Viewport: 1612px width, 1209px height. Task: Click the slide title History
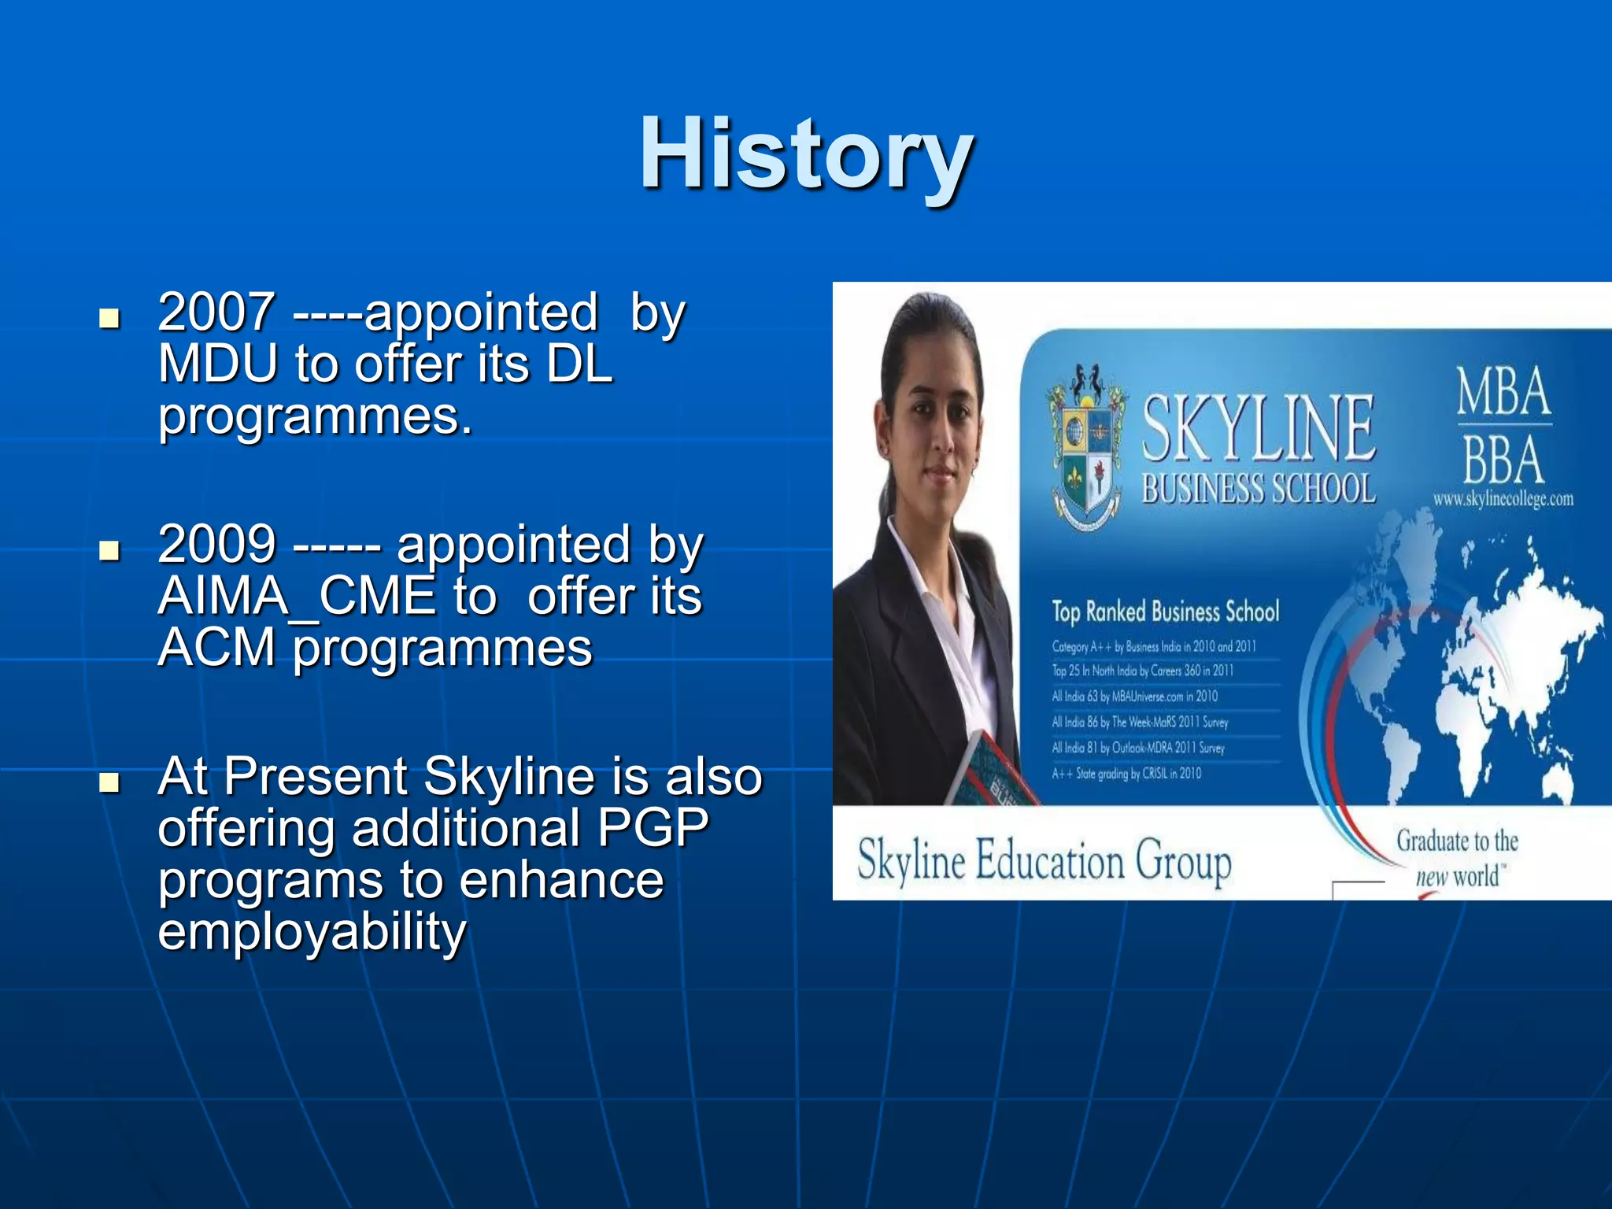click(806, 153)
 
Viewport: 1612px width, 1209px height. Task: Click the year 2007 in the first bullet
click(216, 312)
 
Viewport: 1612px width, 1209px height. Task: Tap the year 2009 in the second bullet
click(216, 545)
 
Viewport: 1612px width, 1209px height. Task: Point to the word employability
click(312, 931)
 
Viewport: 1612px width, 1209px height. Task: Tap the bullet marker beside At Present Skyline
click(109, 782)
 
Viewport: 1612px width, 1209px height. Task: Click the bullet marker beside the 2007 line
click(109, 318)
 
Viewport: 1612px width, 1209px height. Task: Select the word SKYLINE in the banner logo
click(1258, 429)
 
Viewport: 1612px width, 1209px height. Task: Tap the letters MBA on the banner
click(1503, 392)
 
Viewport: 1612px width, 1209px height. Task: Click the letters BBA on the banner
click(1503, 460)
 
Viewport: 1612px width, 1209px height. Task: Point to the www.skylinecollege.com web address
click(1503, 499)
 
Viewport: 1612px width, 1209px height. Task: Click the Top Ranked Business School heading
click(1165, 612)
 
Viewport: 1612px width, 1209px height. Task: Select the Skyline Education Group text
click(1044, 860)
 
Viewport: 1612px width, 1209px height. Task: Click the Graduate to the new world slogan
click(1457, 858)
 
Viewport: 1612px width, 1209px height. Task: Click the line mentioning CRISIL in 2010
click(1126, 774)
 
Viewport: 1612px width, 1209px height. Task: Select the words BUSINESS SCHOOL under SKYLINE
click(1258, 489)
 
